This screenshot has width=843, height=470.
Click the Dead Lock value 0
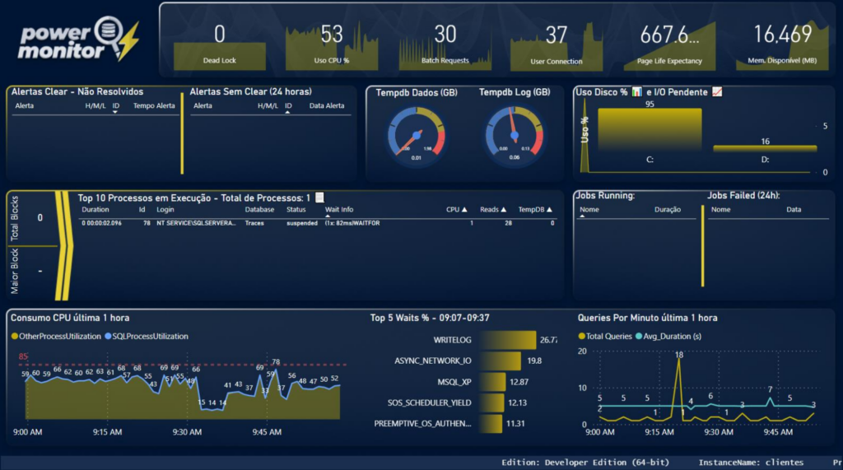pyautogui.click(x=219, y=35)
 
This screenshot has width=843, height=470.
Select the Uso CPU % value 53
pyautogui.click(x=331, y=35)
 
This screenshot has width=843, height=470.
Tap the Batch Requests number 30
pyautogui.click(x=445, y=35)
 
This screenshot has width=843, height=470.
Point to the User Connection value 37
pyautogui.click(x=557, y=35)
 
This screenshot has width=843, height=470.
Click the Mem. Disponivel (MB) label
pyautogui.click(x=783, y=61)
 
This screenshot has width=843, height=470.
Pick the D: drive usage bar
pyautogui.click(x=765, y=148)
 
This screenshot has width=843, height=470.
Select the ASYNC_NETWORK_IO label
pyautogui.click(x=432, y=361)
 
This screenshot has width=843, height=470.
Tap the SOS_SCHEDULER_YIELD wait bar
pyautogui.click(x=491, y=403)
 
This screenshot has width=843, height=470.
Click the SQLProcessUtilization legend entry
pyautogui.click(x=147, y=336)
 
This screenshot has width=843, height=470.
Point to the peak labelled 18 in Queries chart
pyautogui.click(x=678, y=356)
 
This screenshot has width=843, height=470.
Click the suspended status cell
pyautogui.click(x=301, y=223)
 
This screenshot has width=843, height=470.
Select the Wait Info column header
pyautogui.click(x=339, y=210)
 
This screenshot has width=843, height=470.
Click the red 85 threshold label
pyautogui.click(x=24, y=357)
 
